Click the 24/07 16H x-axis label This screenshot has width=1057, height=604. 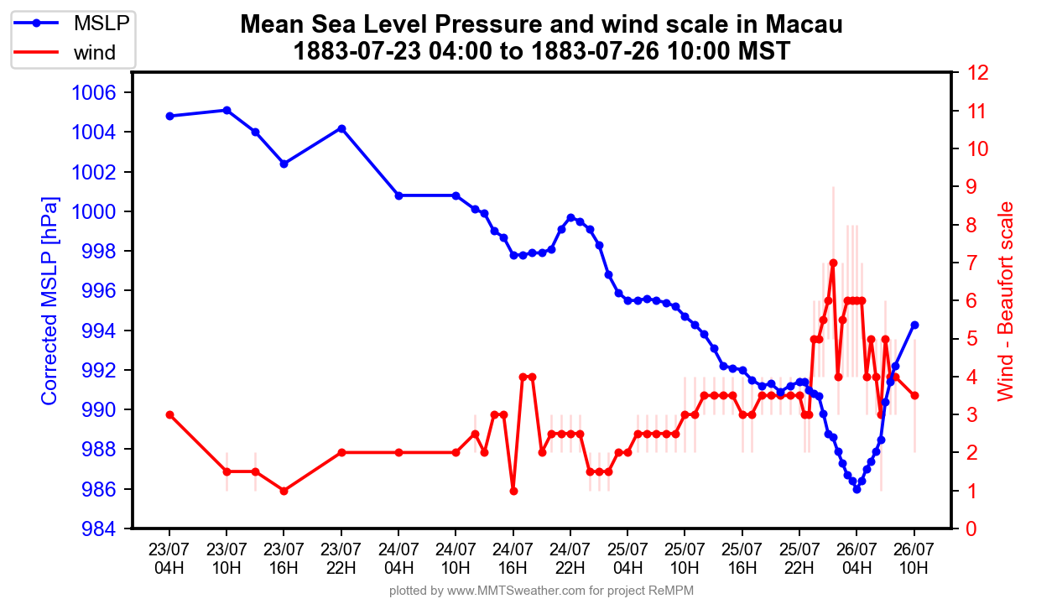[513, 558]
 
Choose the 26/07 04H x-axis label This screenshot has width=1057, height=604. [857, 558]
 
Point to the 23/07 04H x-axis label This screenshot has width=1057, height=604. [169, 558]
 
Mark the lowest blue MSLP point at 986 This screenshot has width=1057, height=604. [857, 489]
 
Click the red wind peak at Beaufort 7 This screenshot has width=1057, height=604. [833, 263]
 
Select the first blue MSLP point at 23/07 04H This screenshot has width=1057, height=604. [169, 116]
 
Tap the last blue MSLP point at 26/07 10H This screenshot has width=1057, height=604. [914, 325]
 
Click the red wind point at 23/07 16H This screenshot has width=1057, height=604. [284, 491]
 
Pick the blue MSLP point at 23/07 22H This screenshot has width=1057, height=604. [341, 128]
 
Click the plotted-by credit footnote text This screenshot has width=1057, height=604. [541, 591]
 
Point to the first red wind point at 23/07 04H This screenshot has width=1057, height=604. [169, 414]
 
